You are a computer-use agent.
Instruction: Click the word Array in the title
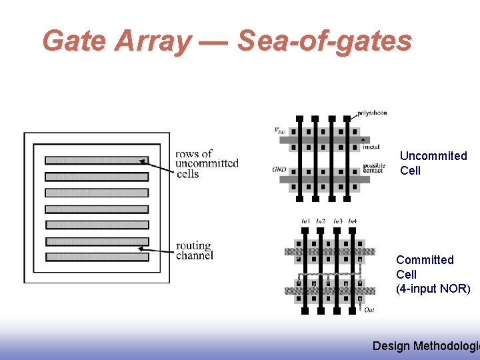[152, 41]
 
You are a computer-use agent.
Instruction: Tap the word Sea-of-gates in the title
[325, 41]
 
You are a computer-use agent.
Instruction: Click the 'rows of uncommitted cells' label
[207, 163]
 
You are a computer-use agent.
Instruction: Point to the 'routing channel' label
[195, 251]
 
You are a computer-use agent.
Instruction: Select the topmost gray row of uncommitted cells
[96, 160]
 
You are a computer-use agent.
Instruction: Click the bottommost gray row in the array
[96, 257]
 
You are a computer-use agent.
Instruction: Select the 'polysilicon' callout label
[371, 113]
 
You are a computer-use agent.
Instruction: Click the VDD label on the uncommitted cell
[279, 131]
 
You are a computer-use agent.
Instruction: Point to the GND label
[279, 169]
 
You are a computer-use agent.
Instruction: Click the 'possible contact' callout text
[374, 168]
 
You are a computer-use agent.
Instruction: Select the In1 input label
[305, 221]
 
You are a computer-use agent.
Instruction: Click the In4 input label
[352, 221]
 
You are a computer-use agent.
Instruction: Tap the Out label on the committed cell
[369, 309]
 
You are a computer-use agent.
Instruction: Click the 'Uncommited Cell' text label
[433, 163]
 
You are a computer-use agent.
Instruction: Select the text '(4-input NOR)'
[433, 289]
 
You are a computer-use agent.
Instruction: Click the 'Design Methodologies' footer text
[425, 345]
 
